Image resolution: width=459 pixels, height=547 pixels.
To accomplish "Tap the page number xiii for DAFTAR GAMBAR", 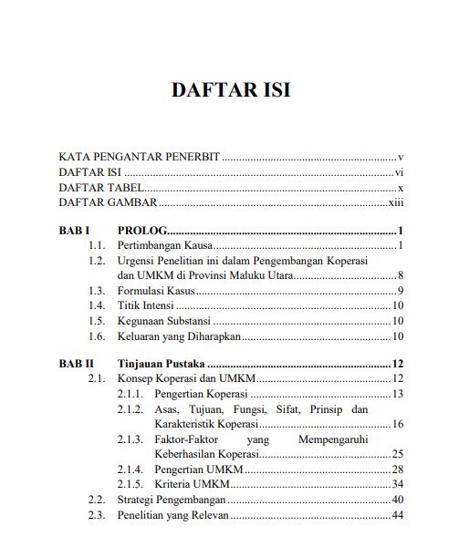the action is [396, 203].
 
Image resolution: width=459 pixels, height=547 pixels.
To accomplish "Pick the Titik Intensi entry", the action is [144, 306].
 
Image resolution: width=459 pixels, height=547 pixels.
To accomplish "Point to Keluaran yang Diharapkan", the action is [172, 337].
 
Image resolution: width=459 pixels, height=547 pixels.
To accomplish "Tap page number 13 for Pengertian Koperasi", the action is [397, 394].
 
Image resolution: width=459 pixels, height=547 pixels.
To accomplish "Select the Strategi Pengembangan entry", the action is [171, 500].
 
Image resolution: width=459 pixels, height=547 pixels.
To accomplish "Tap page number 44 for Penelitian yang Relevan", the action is [397, 516].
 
